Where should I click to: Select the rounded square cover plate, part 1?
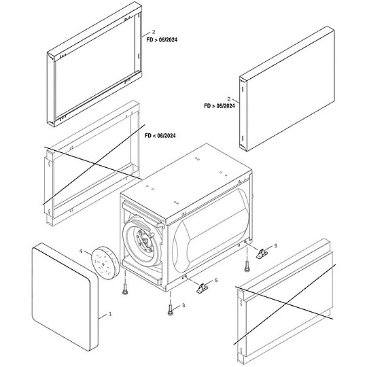[63, 297]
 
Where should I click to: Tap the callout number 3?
[183, 306]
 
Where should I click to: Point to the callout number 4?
[80, 251]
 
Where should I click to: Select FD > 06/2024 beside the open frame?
[162, 40]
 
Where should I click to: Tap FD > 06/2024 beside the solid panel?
[220, 106]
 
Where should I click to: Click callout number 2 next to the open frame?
[154, 32]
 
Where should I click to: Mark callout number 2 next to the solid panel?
[230, 99]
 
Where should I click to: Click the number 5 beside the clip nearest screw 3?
[215, 280]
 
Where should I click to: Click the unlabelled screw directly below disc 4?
[126, 288]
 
